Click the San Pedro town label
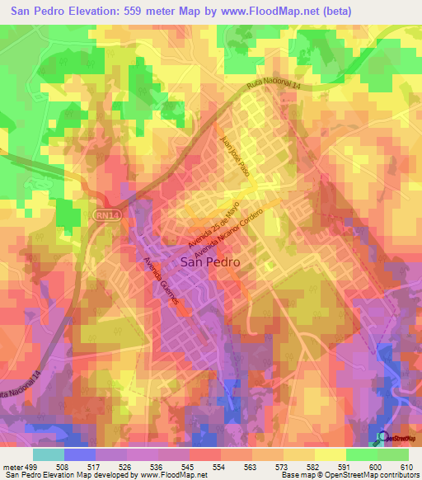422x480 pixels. pyautogui.click(x=210, y=261)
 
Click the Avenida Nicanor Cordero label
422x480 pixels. pyautogui.click(x=230, y=234)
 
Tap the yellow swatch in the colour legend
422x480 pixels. pyautogui.click(x=330, y=454)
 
